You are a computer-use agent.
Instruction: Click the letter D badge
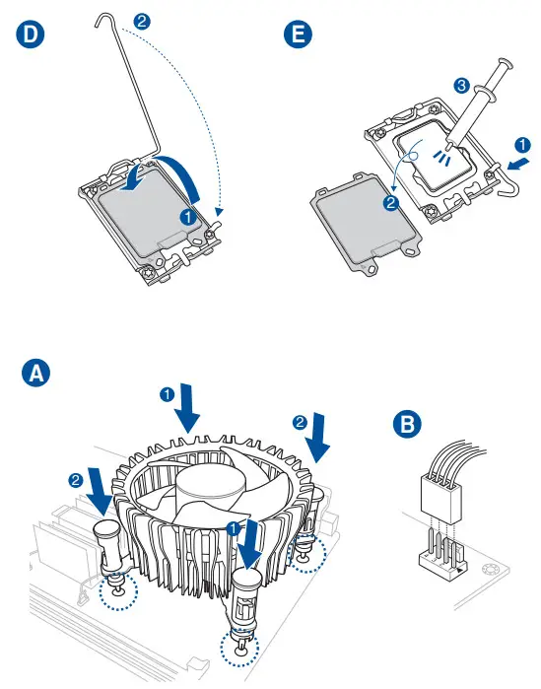pyautogui.click(x=31, y=34)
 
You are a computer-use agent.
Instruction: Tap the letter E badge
pyautogui.click(x=299, y=34)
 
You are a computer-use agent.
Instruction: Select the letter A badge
pyautogui.click(x=35, y=374)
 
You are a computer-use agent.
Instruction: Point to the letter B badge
pyautogui.click(x=407, y=424)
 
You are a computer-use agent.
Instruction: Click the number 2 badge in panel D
pyautogui.click(x=142, y=21)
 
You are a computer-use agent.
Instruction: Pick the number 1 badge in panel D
pyautogui.click(x=188, y=217)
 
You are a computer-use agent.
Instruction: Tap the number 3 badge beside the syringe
pyautogui.click(x=461, y=85)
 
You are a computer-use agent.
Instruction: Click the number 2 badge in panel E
pyautogui.click(x=391, y=203)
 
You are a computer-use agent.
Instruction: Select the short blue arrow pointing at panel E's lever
pyautogui.click(x=518, y=164)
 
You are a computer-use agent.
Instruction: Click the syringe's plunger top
pyautogui.click(x=506, y=63)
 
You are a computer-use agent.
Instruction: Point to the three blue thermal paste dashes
pyautogui.click(x=441, y=157)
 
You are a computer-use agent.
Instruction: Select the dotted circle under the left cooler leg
pyautogui.click(x=118, y=591)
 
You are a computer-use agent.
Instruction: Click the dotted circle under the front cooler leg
pyautogui.click(x=239, y=648)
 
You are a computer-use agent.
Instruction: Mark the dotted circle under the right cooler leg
pyautogui.click(x=307, y=554)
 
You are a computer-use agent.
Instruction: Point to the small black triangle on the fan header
pyautogui.click(x=459, y=571)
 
